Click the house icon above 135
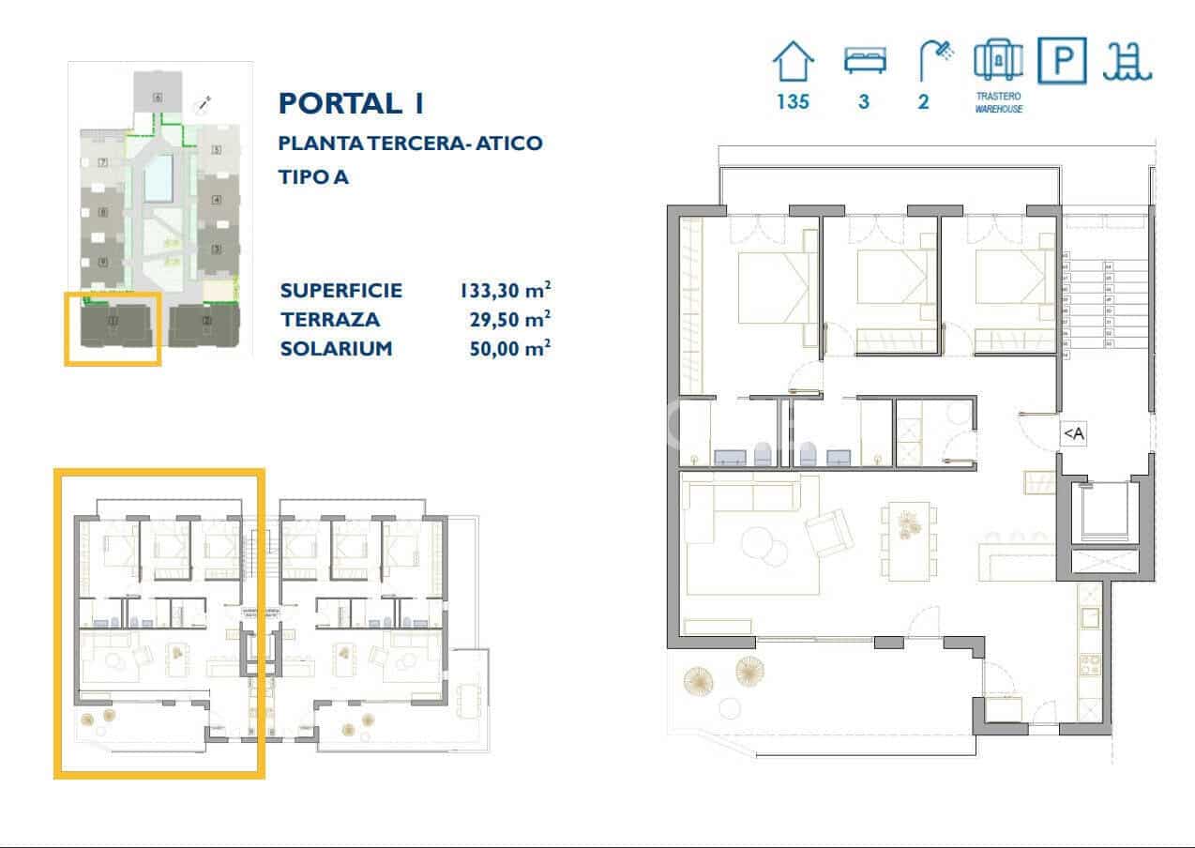tap(793, 63)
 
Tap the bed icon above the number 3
tap(863, 62)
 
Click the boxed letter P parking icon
tap(1062, 62)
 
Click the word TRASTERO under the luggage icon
tap(998, 96)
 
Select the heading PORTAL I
tap(352, 103)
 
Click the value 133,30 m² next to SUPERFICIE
tap(505, 290)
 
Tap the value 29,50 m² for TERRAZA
tap(509, 319)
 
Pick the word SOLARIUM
tap(336, 349)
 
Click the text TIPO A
tap(313, 176)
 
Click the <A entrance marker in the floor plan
tap(1073, 433)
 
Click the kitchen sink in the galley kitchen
tap(1090, 618)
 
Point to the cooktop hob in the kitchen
tap(1091, 665)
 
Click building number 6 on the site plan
tap(158, 97)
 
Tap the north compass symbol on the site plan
tap(202, 105)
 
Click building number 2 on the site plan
tap(207, 321)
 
